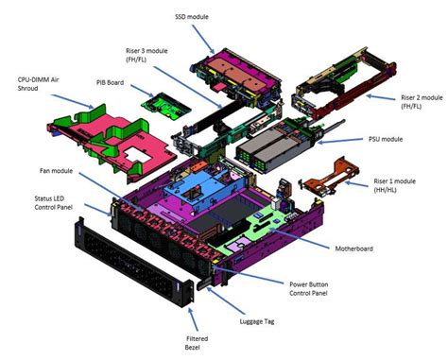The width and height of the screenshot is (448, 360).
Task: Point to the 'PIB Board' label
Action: click(x=112, y=82)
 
